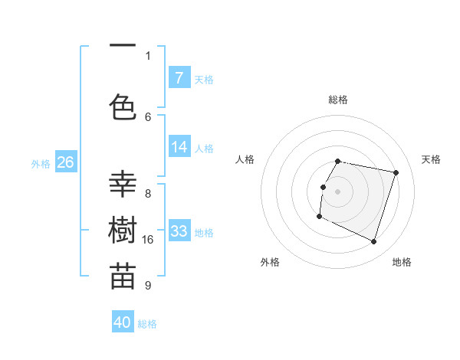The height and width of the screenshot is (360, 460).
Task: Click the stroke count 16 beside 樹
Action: (148, 240)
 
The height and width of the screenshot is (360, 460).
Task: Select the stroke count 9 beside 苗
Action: (148, 286)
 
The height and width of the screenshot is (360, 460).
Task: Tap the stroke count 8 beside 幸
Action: (148, 193)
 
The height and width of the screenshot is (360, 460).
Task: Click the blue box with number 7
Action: (179, 77)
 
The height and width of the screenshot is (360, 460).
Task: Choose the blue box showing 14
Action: (179, 147)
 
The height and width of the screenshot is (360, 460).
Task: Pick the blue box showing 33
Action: (179, 231)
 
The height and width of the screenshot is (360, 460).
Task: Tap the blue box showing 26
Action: (65, 162)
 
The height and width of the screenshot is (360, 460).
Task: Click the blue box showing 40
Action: (123, 322)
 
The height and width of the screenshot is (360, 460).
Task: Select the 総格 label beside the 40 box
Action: (148, 324)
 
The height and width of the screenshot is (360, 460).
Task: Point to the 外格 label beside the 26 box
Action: (41, 163)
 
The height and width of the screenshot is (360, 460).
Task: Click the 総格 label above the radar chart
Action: (338, 100)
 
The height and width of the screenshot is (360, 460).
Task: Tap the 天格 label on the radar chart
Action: (431, 159)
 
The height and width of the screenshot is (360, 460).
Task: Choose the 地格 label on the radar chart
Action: (402, 262)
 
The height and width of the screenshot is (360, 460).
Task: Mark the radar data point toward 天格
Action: (396, 172)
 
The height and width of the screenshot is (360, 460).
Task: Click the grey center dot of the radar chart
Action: (338, 191)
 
